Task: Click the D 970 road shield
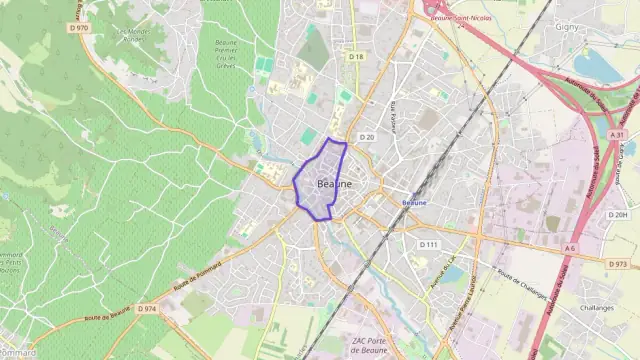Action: pyautogui.click(x=81, y=28)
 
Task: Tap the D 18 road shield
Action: pyautogui.click(x=356, y=57)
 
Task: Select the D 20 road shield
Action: pyautogui.click(x=366, y=137)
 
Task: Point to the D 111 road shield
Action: pyautogui.click(x=429, y=244)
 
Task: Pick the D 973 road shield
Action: pyautogui.click(x=618, y=263)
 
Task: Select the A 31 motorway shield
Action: pyautogui.click(x=619, y=134)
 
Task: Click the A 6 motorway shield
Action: pyautogui.click(x=570, y=248)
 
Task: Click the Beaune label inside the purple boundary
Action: pyautogui.click(x=334, y=185)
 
